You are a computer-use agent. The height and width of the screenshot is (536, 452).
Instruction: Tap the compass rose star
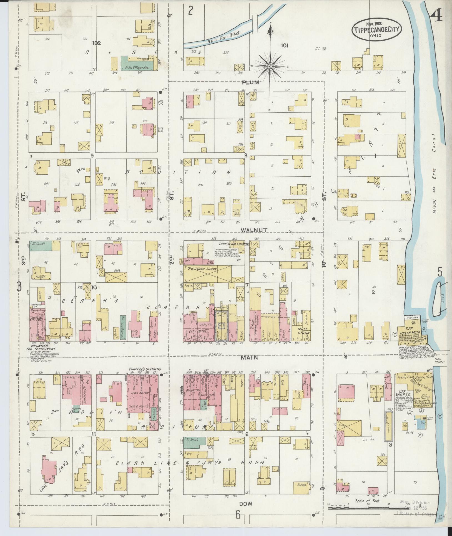270,67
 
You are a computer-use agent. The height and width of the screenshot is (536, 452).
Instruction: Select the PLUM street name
250,82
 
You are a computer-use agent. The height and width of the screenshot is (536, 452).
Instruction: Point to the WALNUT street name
254,230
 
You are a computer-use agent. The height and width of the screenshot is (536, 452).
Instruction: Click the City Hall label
36,320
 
